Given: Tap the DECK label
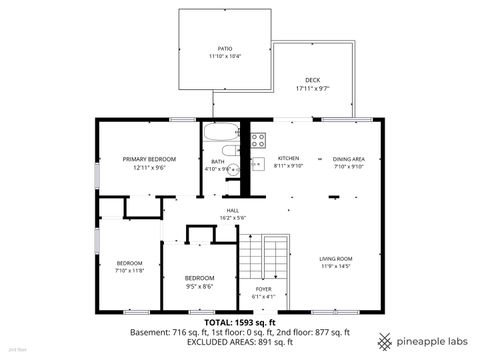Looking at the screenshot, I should pyautogui.click(x=313, y=80).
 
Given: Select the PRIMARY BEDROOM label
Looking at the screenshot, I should pyautogui.click(x=149, y=159).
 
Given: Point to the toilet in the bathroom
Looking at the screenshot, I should pyautogui.click(x=230, y=151).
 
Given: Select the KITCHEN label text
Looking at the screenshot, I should pyautogui.click(x=288, y=159).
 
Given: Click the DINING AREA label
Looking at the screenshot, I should pyautogui.click(x=349, y=159).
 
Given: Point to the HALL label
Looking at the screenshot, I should pyautogui.click(x=232, y=210).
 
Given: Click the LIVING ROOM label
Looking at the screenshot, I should pyautogui.click(x=335, y=258).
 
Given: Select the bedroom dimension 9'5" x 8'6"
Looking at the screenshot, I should pyautogui.click(x=199, y=285).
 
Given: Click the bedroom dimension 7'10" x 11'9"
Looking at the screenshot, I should pyautogui.click(x=130, y=270).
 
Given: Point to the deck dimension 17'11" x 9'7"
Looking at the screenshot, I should pyautogui.click(x=313, y=89).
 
